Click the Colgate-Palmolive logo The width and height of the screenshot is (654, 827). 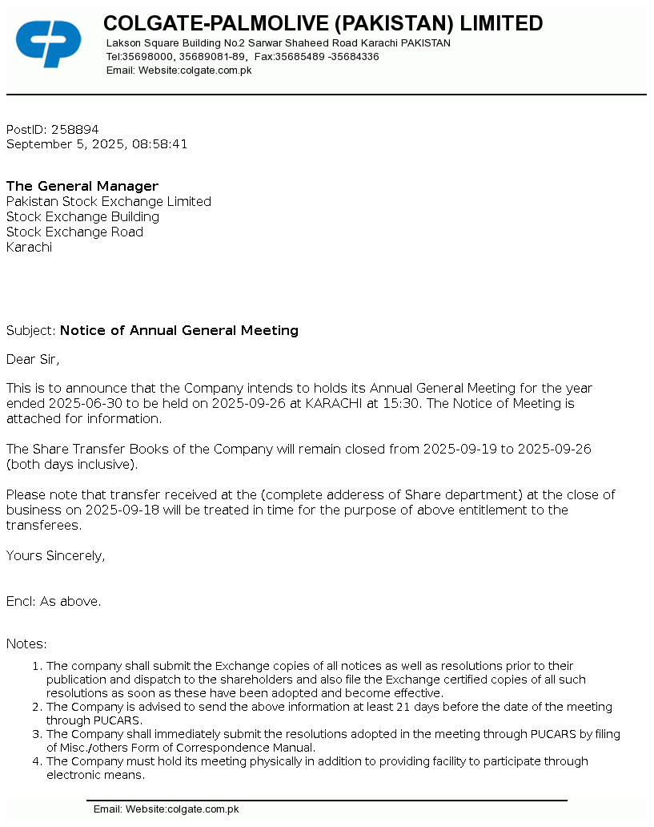tap(48, 43)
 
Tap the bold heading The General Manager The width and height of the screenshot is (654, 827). tap(82, 187)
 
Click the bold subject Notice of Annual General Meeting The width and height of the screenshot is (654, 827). tap(179, 330)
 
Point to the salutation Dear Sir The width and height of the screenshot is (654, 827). tap(33, 359)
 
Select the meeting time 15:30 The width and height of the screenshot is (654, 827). tap(401, 404)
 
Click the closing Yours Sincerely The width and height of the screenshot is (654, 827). tap(55, 555)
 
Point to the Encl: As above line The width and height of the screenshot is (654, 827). tap(54, 601)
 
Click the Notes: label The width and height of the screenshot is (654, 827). tap(26, 644)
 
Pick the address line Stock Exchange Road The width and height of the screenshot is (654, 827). tap(74, 232)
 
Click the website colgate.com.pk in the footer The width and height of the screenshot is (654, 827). tap(203, 809)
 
